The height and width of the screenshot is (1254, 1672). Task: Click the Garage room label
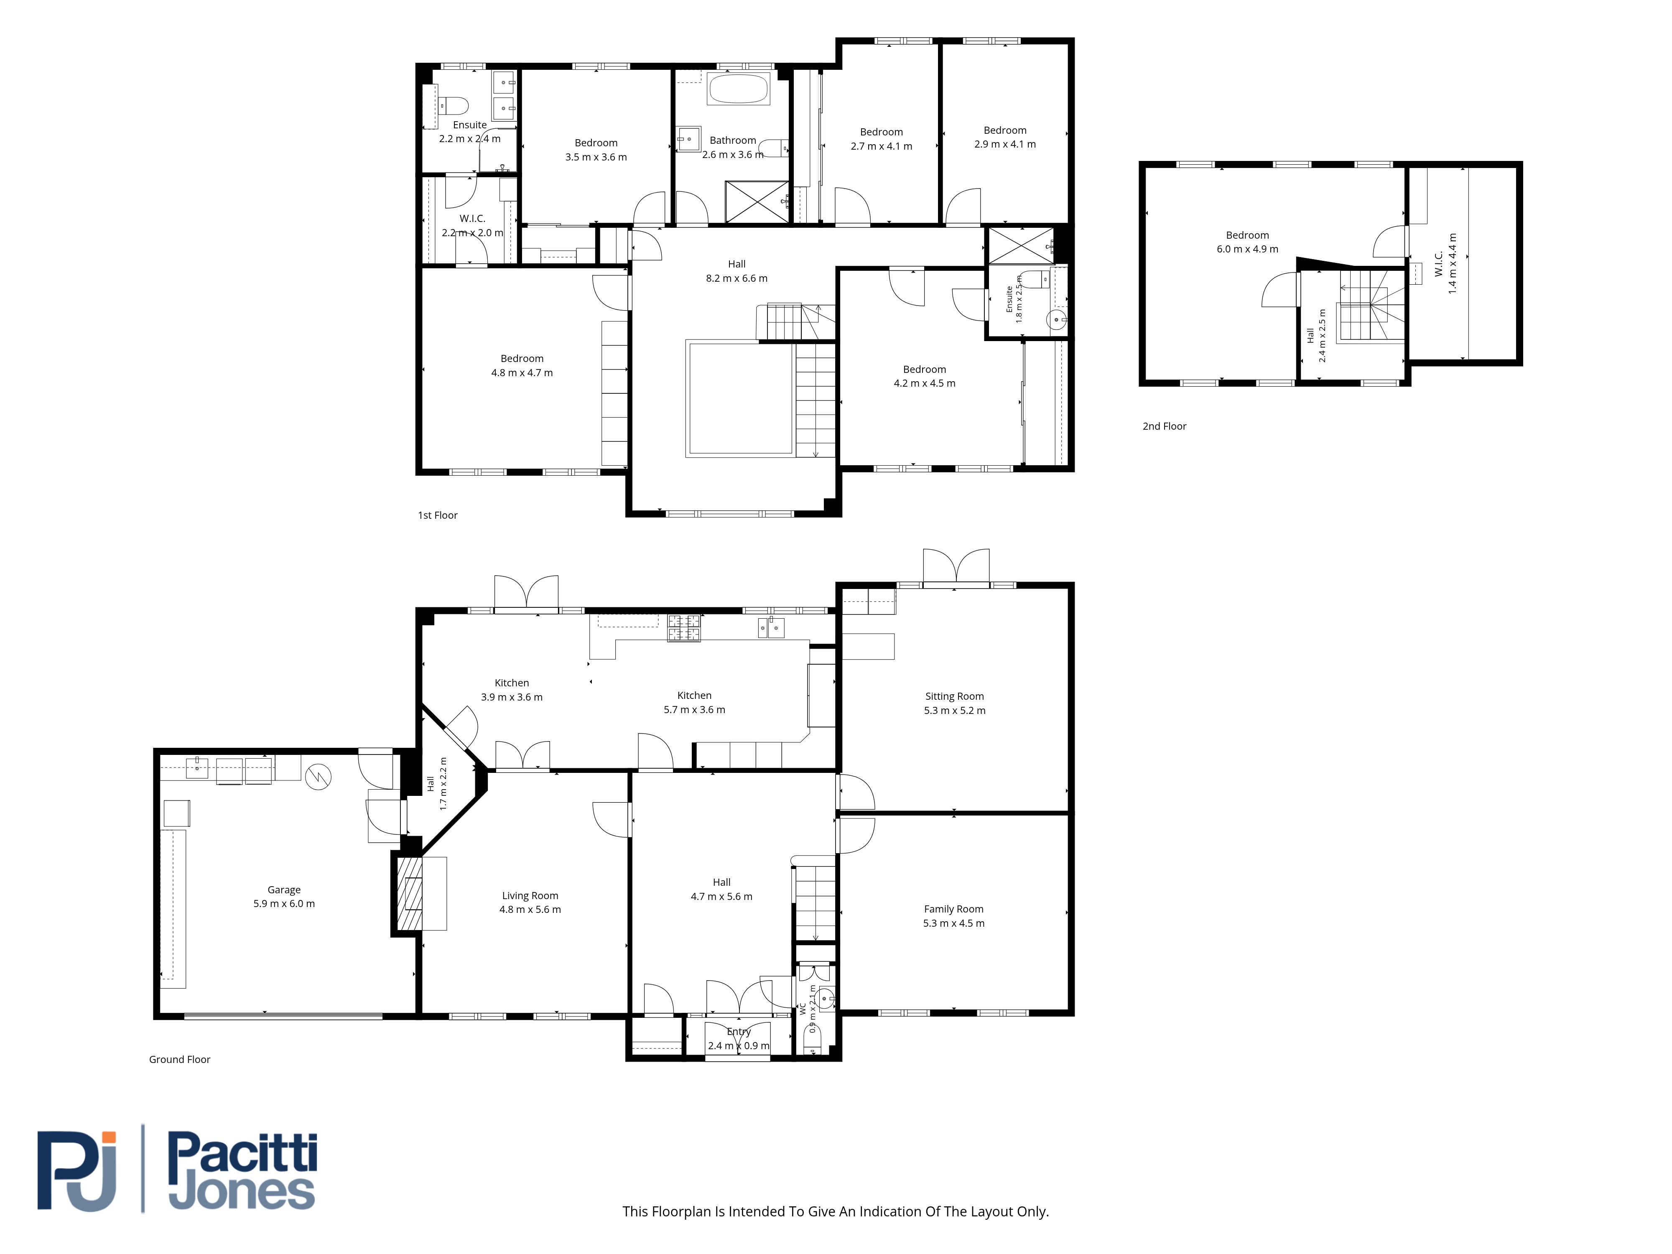(x=284, y=890)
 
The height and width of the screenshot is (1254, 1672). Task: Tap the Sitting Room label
(x=955, y=696)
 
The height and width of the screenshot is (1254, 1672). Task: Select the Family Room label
(x=954, y=909)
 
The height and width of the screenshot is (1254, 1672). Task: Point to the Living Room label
(x=530, y=896)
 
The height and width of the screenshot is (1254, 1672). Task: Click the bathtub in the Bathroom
(x=738, y=89)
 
